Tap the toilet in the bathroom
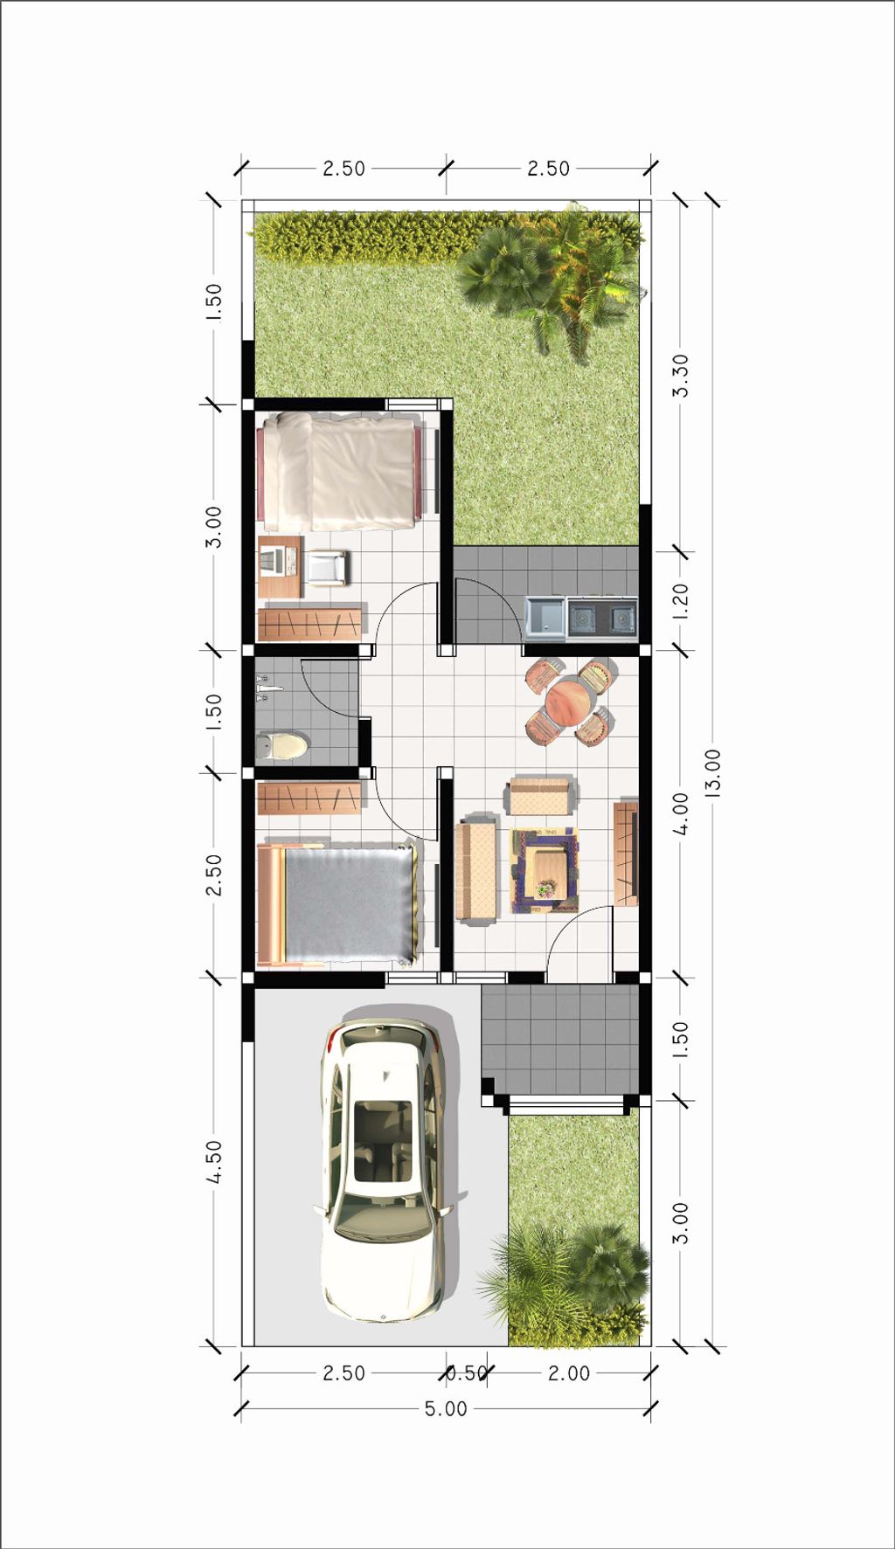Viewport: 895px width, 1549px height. click(x=281, y=746)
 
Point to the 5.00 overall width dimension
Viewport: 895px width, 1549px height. click(x=446, y=1408)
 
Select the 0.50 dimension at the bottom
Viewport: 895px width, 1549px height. click(x=467, y=1373)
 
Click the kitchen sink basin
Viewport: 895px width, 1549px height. click(x=545, y=617)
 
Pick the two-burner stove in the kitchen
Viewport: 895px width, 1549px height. click(x=602, y=617)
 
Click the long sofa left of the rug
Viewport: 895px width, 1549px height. click(x=476, y=870)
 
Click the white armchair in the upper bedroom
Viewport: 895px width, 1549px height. click(x=327, y=568)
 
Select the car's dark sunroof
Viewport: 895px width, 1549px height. click(x=382, y=1139)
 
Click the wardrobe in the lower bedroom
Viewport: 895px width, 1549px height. click(x=309, y=798)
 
